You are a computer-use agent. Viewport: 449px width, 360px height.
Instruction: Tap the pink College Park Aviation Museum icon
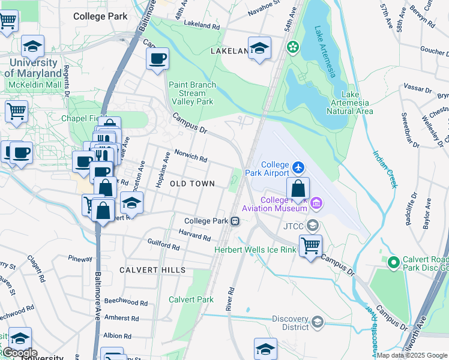316,205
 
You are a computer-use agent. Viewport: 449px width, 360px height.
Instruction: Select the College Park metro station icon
236,221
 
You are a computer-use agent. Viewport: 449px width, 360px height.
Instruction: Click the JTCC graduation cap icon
312,226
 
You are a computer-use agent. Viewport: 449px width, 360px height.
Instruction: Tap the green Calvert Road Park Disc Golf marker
394,262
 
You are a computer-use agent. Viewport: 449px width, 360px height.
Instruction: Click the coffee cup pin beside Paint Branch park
158,59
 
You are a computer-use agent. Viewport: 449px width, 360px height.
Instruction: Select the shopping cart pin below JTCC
310,245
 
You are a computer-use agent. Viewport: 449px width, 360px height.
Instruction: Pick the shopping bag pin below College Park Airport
298,188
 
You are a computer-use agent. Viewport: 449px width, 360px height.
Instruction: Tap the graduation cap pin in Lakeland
259,49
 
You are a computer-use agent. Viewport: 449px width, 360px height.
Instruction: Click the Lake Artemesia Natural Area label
358,103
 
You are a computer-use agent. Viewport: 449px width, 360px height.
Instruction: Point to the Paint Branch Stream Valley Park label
192,93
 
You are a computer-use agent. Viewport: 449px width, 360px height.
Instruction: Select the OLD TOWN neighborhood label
192,183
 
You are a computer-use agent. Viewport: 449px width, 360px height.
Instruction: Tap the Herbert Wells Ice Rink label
255,250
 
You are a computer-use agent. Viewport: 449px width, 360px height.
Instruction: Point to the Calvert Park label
191,299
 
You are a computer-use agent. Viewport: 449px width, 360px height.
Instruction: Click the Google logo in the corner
20,352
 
